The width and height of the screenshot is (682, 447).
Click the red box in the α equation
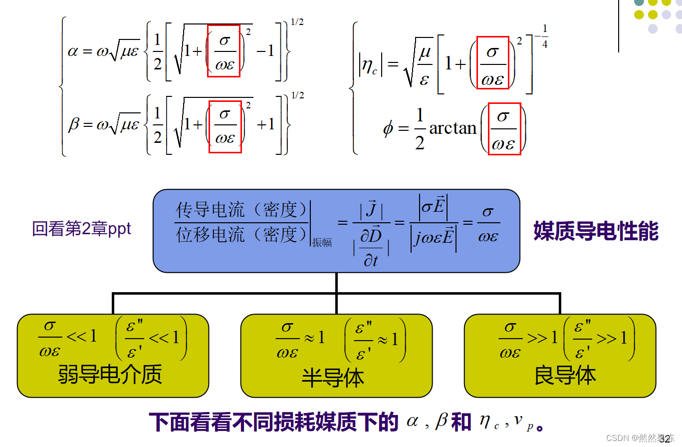tap(224, 51)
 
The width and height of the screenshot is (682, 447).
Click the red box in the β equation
tap(225, 127)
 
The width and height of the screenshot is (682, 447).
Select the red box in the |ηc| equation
tap(492, 62)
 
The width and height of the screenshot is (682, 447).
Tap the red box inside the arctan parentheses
tap(504, 129)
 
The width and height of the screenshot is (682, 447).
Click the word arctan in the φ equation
tap(453, 128)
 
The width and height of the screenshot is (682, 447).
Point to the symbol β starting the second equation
tap(74, 123)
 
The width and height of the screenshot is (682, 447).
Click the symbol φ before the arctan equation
tap(388, 129)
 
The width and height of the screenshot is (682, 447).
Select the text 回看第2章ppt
tap(82, 229)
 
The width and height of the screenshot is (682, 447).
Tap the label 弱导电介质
tap(111, 374)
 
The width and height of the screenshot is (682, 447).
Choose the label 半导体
tap(333, 378)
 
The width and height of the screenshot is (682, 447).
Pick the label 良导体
tap(565, 375)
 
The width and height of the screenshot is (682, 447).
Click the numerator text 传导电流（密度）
tap(241, 210)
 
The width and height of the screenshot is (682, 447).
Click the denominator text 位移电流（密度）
tap(241, 234)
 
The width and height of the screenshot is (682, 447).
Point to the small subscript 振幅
tap(322, 243)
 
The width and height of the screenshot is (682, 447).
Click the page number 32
tap(665, 440)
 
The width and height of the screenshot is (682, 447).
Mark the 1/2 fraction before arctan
tap(420, 129)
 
